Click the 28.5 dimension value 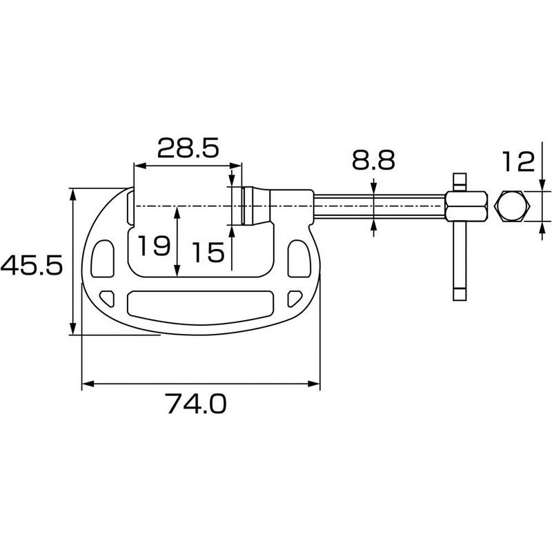coord(187,148)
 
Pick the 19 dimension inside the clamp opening coord(152,246)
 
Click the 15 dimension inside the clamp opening coord(208,252)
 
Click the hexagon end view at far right coord(513,206)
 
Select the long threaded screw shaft coord(379,206)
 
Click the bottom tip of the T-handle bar coord(460,295)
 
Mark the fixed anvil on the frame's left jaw coord(130,207)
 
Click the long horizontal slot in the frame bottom coord(197,304)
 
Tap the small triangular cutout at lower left coord(107,297)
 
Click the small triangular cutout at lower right coord(293,297)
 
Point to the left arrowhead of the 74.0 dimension coord(86,384)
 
